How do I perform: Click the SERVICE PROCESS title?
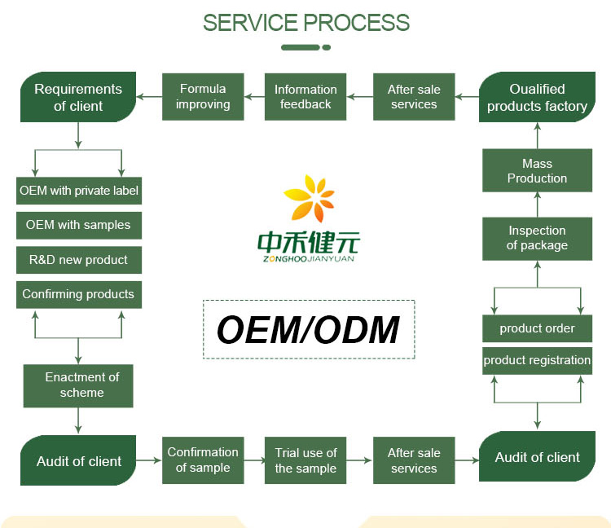pyautogui.click(x=305, y=22)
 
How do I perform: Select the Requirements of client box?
pyautogui.click(x=78, y=97)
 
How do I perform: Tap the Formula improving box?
pyautogui.click(x=203, y=97)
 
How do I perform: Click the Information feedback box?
pyautogui.click(x=305, y=97)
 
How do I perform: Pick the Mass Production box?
pyautogui.click(x=537, y=171)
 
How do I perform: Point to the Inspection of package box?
pyautogui.click(x=537, y=238)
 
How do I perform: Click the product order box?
pyautogui.click(x=537, y=328)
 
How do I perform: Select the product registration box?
pyautogui.click(x=537, y=360)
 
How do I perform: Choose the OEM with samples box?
pyautogui.click(x=79, y=225)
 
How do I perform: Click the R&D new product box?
pyautogui.click(x=79, y=260)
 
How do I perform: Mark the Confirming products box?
pyautogui.click(x=79, y=294)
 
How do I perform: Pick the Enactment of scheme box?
pyautogui.click(x=79, y=385)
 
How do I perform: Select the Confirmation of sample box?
pyautogui.click(x=203, y=460)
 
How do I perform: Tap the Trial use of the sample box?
pyautogui.click(x=305, y=460)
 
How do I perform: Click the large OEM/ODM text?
pyautogui.click(x=308, y=330)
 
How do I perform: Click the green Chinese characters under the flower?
pyautogui.click(x=308, y=242)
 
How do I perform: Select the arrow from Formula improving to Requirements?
pyautogui.click(x=149, y=97)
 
